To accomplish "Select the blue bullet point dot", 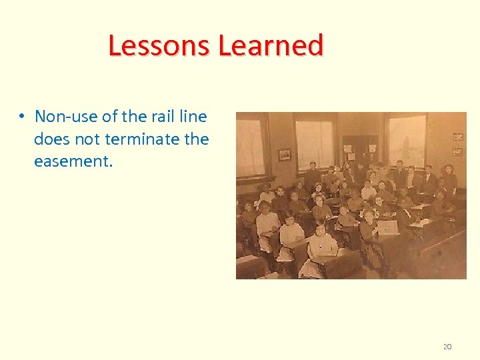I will (22, 117).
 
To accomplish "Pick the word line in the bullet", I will (195, 117).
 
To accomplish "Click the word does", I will (52, 139).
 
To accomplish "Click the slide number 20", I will (447, 347).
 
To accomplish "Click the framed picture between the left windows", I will (284, 155).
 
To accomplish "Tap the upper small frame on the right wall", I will (457, 137).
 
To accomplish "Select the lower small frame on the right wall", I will (457, 152).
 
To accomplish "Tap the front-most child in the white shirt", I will (321, 247).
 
